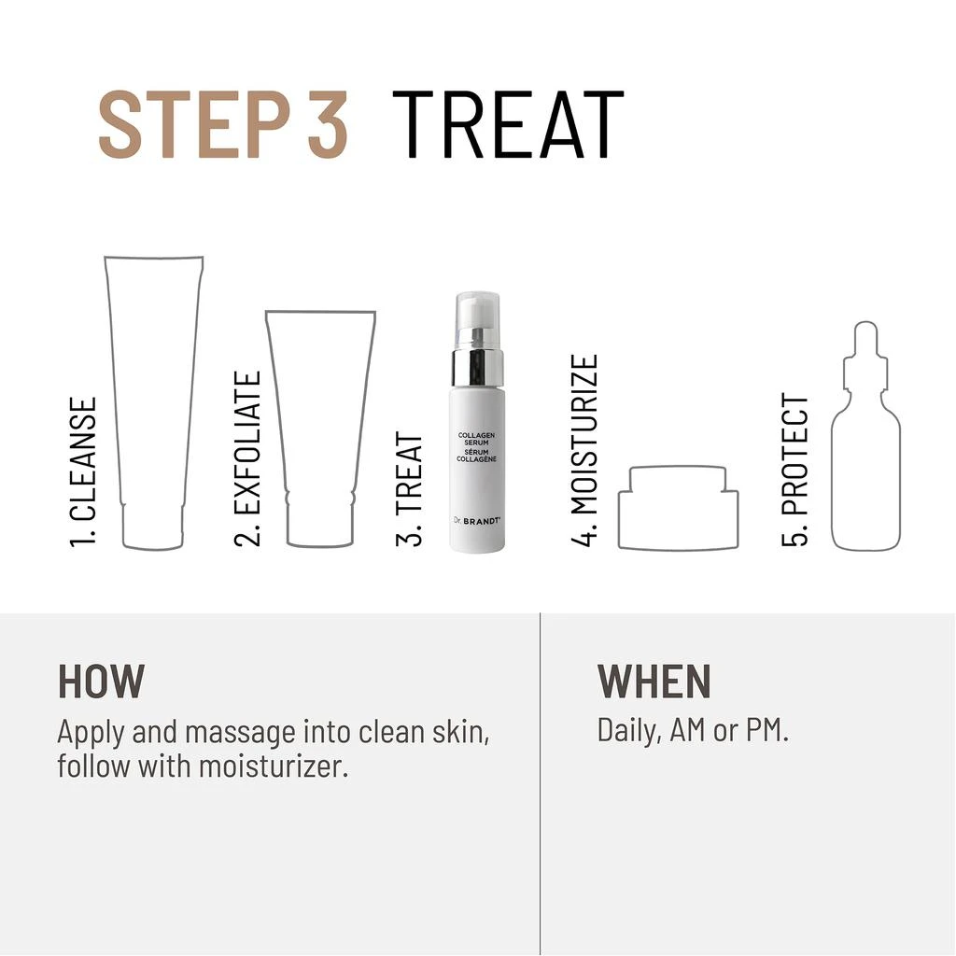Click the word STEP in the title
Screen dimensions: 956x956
coord(194,125)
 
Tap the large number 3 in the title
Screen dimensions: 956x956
coord(328,125)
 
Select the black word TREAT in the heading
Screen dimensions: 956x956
coord(508,125)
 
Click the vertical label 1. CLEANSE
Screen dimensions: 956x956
coord(83,472)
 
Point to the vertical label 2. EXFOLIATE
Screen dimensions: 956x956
coord(247,458)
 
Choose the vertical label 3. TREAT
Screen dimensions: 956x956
coord(409,488)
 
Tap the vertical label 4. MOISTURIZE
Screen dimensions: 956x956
coord(584,450)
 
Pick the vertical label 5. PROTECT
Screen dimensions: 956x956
coord(795,471)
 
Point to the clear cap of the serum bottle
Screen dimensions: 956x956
coord(478,321)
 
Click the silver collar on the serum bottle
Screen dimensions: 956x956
coord(478,368)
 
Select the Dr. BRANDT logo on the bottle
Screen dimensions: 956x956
coord(477,521)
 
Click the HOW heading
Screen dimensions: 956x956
coord(101,681)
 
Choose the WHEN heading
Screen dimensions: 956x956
coord(654,681)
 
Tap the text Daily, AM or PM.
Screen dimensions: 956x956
coord(693,730)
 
